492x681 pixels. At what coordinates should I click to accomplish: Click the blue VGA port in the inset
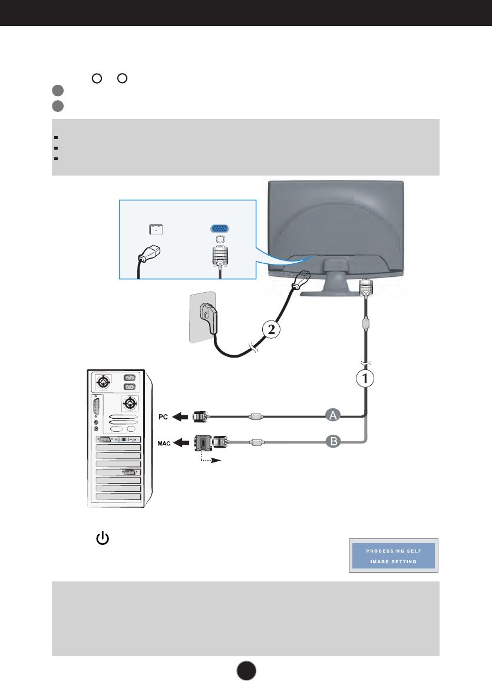point(219,229)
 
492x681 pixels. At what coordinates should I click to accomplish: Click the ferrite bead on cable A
point(254,416)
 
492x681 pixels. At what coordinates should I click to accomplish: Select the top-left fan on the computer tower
point(104,382)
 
